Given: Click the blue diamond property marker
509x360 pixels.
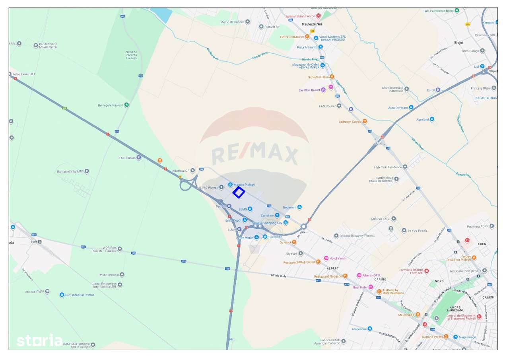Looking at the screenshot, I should (x=238, y=193).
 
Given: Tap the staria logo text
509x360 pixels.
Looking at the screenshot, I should (x=39, y=341).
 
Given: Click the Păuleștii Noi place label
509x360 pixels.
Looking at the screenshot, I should (x=312, y=24).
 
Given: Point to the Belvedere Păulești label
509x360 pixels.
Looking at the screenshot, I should (x=111, y=105).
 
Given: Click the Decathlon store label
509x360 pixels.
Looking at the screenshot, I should (x=275, y=237).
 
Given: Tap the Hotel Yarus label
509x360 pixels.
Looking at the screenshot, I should (x=337, y=258).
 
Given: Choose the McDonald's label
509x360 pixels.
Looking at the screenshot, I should (x=406, y=315).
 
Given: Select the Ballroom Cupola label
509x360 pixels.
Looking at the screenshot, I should (x=350, y=122).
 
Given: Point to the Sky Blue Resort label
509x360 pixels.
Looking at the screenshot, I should (x=309, y=90).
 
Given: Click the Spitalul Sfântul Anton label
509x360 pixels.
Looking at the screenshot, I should (x=300, y=16).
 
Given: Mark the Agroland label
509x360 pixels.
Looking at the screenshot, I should (x=422, y=119).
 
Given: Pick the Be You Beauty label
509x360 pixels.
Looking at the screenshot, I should (x=417, y=230).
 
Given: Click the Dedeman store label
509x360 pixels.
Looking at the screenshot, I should (x=289, y=207).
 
